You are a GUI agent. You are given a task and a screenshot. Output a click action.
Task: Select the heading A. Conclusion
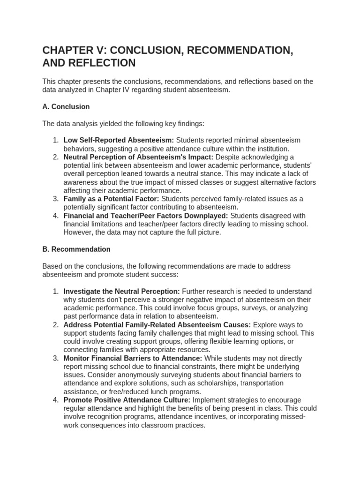(x=66, y=107)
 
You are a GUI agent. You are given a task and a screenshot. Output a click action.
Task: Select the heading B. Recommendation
(x=76, y=249)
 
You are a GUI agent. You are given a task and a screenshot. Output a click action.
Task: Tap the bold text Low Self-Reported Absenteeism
(x=119, y=140)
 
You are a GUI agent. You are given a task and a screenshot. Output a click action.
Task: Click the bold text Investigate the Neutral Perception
(x=121, y=291)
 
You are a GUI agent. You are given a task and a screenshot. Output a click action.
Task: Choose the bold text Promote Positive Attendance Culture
(x=127, y=400)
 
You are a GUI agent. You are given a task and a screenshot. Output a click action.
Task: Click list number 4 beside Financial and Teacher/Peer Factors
(x=55, y=216)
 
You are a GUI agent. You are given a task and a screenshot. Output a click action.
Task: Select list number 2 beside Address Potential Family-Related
(x=55, y=325)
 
